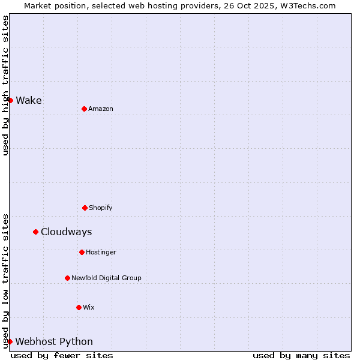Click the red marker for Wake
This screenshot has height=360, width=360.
[10, 100]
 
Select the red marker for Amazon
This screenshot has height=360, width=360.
[84, 109]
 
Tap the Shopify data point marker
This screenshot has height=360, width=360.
[85, 208]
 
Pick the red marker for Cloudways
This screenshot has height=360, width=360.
[35, 232]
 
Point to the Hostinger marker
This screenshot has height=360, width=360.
[82, 252]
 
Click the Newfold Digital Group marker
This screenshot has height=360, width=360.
[67, 278]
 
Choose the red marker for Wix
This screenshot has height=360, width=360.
[79, 307]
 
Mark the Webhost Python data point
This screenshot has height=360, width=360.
[10, 341]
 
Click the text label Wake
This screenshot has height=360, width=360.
[29, 100]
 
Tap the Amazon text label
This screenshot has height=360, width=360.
[101, 109]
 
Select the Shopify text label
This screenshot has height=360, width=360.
[101, 208]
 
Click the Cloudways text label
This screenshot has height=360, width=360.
[67, 232]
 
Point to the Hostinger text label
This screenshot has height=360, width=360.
[101, 252]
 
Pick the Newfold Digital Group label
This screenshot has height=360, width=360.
[106, 278]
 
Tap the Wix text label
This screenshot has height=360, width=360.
[89, 307]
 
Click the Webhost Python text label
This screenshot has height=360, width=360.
[54, 341]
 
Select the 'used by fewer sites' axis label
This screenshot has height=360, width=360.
[62, 355]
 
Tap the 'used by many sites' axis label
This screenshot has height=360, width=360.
[301, 355]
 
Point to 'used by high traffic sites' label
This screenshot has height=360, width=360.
[5, 85]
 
